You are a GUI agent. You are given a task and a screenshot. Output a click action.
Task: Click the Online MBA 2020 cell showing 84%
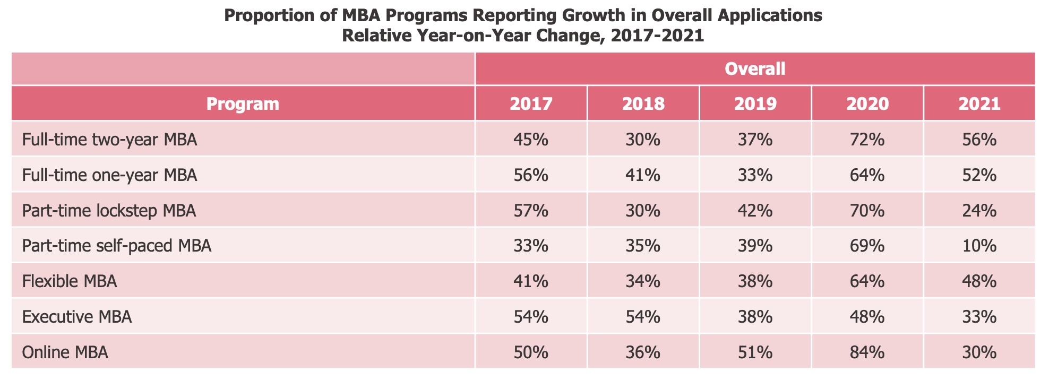tap(867, 352)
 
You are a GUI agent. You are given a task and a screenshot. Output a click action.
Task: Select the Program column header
tap(243, 103)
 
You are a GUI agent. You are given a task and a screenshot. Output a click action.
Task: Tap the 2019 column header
tap(755, 103)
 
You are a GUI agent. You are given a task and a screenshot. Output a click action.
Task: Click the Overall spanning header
tap(755, 69)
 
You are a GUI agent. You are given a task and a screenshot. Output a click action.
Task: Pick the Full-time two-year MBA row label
tap(110, 140)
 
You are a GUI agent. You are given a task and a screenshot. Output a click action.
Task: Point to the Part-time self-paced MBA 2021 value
tap(979, 246)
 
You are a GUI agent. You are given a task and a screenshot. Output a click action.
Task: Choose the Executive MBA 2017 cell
tap(531, 317)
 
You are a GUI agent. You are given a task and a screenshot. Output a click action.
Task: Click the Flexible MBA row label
tap(70, 281)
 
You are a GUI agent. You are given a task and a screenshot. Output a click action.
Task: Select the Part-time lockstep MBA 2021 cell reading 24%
tap(979, 211)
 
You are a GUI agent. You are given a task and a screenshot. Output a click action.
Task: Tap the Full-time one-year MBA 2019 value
tap(755, 175)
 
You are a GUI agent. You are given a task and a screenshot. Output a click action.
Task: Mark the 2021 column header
tap(979, 103)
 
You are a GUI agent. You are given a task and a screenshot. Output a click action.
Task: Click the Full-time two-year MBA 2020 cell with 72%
tap(867, 140)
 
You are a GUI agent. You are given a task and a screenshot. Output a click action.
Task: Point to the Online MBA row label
tap(65, 352)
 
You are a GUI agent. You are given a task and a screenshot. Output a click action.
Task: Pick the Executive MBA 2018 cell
tap(643, 317)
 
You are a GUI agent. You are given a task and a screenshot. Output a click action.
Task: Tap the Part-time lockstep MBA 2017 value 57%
tap(531, 211)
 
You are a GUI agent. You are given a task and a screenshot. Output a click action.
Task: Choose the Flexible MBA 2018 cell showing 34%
tap(643, 281)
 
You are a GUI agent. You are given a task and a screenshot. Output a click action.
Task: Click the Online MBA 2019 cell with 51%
tap(755, 352)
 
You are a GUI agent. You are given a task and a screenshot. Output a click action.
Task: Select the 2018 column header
tap(643, 103)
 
